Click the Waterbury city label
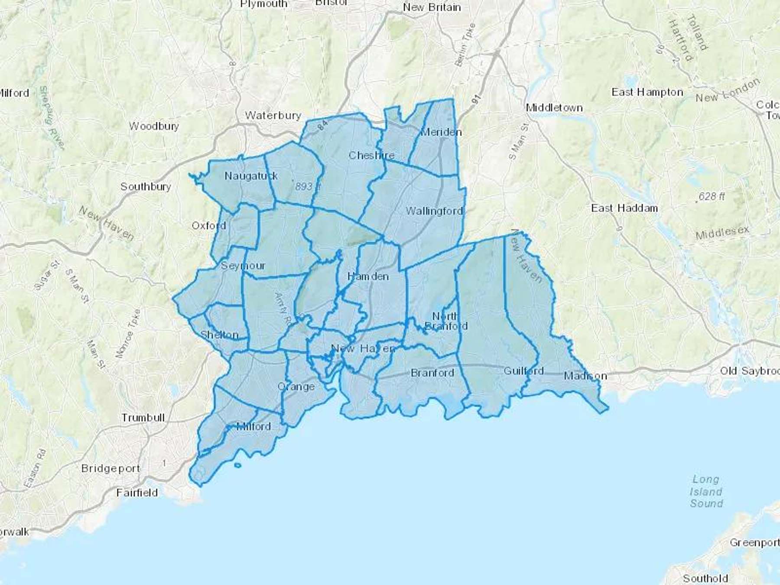pos(273,116)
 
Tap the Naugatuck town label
pos(251,176)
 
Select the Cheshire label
pos(371,155)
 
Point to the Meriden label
pos(441,132)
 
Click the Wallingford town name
pos(434,211)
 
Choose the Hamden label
pos(368,276)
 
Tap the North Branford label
pos(446,321)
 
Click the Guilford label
pos(523,371)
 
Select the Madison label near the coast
pos(585,376)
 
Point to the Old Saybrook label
pos(749,371)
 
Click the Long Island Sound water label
pos(706,491)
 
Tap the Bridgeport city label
pos(110,469)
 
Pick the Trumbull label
pos(143,418)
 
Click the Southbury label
pos(146,187)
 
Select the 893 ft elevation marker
pos(307,186)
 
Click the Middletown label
pos(554,108)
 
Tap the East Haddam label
pos(624,208)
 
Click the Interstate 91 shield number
pos(476,99)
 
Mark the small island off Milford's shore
pos(237,465)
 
